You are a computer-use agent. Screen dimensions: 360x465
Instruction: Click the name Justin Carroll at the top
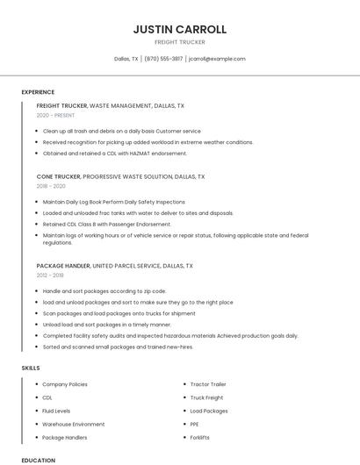[179, 29]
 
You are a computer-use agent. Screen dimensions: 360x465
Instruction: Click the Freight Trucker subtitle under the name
[179, 42]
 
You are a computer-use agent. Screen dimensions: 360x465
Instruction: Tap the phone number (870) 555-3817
[163, 59]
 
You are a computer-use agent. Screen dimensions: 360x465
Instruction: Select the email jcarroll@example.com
[217, 59]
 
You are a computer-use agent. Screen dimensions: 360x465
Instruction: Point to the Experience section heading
[38, 92]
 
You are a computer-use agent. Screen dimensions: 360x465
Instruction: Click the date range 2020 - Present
[55, 115]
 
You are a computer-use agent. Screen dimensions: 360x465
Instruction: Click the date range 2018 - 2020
[51, 186]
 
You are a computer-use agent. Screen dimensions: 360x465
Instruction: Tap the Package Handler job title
[62, 265]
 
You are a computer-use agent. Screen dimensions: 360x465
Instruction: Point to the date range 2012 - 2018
[50, 275]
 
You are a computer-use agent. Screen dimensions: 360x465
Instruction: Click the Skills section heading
[31, 368]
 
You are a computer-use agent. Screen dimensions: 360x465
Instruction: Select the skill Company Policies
[65, 384]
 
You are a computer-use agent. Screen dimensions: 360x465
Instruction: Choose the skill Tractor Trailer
[208, 384]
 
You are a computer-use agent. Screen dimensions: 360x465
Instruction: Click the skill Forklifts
[200, 437]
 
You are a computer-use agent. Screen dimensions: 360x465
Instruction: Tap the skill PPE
[195, 424]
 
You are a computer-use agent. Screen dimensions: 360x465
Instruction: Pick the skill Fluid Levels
[56, 411]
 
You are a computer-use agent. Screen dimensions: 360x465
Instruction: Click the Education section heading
[38, 460]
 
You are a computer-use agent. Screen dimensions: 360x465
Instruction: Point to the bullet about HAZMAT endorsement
[114, 154]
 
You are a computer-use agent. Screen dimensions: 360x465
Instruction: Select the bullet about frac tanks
[138, 212]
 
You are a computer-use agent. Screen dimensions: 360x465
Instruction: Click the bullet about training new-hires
[118, 347]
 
